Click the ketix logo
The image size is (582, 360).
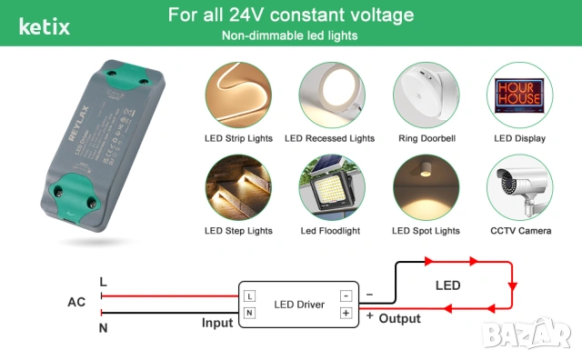(44, 25)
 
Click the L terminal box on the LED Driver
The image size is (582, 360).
(249, 296)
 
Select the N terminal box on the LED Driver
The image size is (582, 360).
(249, 313)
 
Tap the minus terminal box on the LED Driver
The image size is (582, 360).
(346, 296)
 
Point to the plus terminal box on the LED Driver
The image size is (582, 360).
(346, 313)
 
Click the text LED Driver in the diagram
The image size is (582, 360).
(297, 304)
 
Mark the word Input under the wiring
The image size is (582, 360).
(217, 322)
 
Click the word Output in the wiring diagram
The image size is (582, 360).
(400, 318)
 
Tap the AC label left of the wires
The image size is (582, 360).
(76, 302)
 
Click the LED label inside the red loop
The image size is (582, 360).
(447, 285)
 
